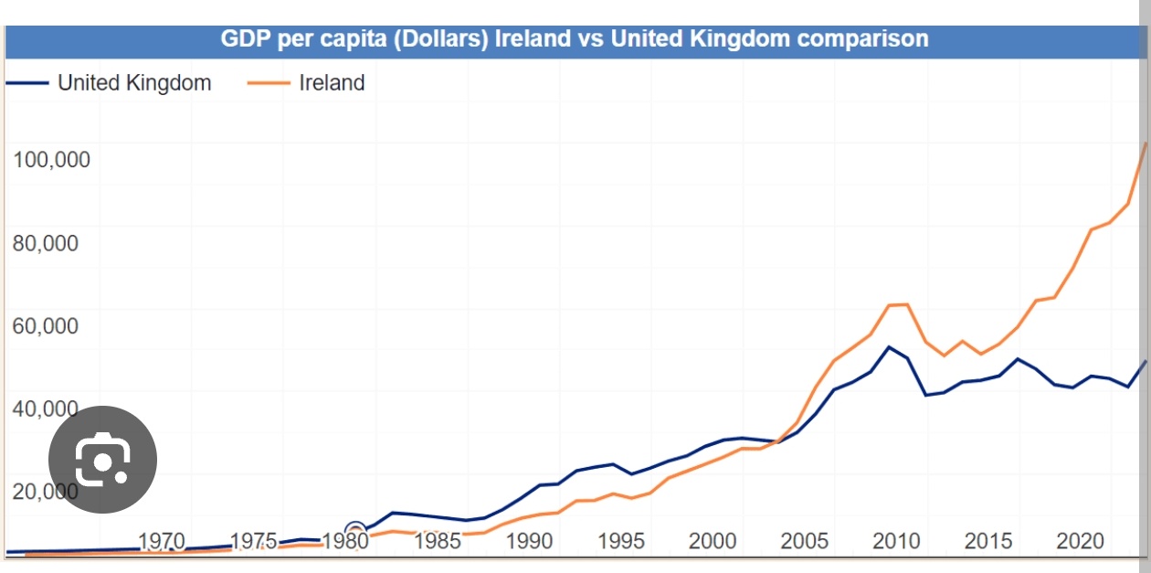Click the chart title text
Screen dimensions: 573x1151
pyautogui.click(x=575, y=39)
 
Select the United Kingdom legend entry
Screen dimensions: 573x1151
pyautogui.click(x=133, y=83)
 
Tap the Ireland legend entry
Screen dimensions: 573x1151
pyautogui.click(x=332, y=83)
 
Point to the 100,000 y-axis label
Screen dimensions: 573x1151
pyautogui.click(x=51, y=160)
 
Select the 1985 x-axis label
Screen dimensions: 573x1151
pyautogui.click(x=438, y=541)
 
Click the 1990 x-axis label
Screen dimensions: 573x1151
pyautogui.click(x=530, y=541)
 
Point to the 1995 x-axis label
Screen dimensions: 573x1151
pyautogui.click(x=621, y=541)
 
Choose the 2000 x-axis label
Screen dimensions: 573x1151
pyautogui.click(x=713, y=541)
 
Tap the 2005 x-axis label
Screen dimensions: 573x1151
pyautogui.click(x=805, y=541)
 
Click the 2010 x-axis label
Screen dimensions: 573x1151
pyautogui.click(x=896, y=541)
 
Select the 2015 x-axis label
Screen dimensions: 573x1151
pyautogui.click(x=988, y=541)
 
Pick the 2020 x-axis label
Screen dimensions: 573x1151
pyautogui.click(x=1081, y=541)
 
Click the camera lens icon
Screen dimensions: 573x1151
pyautogui.click(x=102, y=460)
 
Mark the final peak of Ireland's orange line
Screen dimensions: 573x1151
pyautogui.click(x=1145, y=143)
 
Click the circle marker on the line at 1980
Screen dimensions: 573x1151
pyautogui.click(x=355, y=530)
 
